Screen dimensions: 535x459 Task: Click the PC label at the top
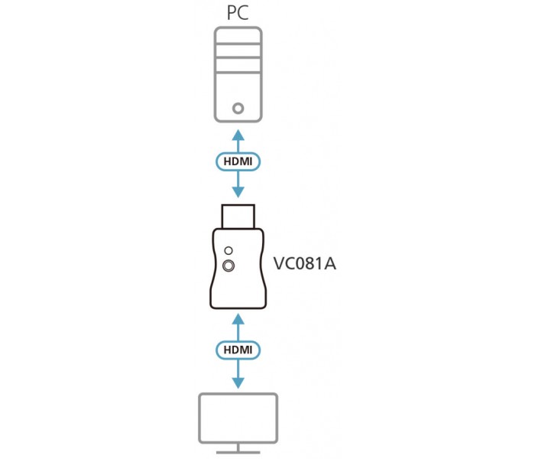pos(238,13)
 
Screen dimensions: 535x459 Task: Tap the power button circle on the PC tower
pos(238,109)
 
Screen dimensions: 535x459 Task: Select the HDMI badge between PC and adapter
pos(238,161)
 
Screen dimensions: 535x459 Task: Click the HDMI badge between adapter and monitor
pos(238,350)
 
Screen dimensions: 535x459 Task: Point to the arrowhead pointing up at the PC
pos(238,135)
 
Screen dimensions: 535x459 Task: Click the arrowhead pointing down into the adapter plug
pos(238,192)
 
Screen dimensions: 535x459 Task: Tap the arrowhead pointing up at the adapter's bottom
pos(238,319)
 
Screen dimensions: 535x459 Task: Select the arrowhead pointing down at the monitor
pos(238,383)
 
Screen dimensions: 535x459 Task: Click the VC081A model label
pos(305,264)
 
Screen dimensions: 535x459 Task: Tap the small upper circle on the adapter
pos(229,251)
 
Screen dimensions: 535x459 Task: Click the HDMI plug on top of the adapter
pos(238,216)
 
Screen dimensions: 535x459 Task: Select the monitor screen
pos(238,418)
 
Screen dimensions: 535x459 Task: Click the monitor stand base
pos(238,453)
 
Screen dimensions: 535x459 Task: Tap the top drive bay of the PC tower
pos(238,35)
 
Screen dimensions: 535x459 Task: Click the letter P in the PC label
pos(232,13)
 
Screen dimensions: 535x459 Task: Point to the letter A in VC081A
pos(329,264)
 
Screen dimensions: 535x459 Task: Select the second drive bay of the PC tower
pos(238,51)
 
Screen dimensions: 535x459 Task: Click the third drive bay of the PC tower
pos(238,65)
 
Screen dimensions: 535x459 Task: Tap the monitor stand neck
pos(238,447)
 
